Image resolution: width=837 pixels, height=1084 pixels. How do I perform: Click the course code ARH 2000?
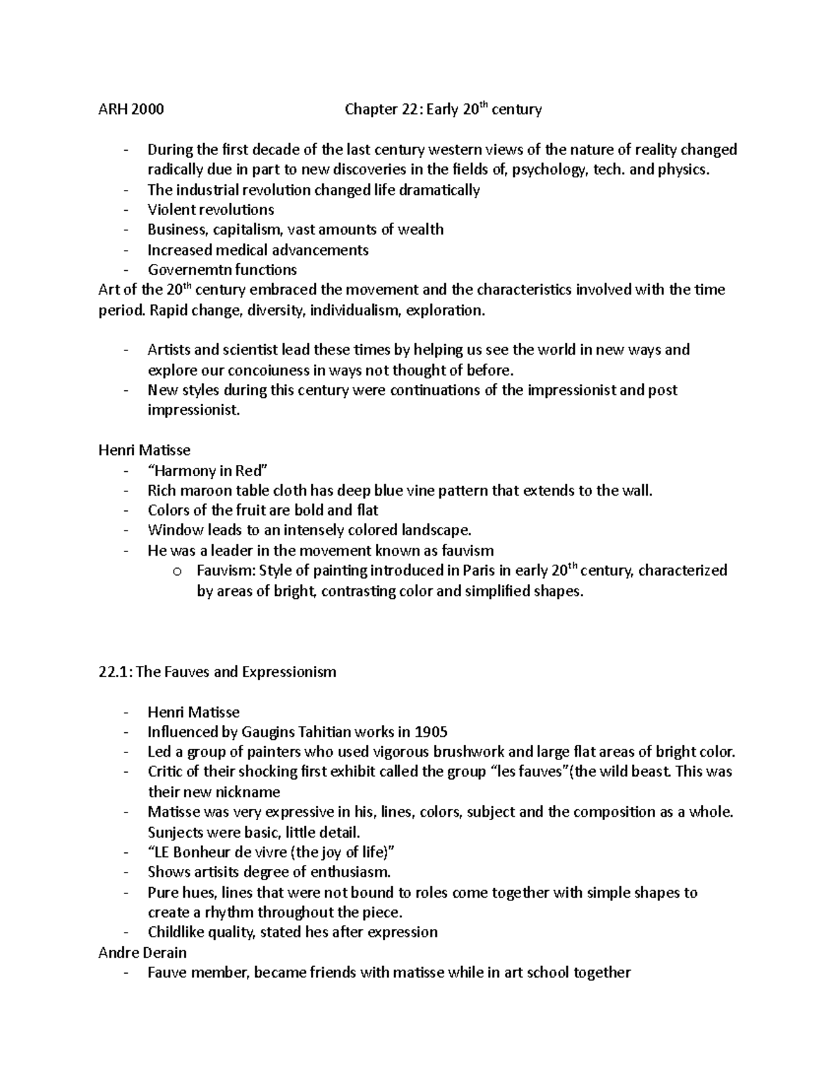(132, 110)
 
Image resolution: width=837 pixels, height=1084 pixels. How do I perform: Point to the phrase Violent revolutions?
(211, 209)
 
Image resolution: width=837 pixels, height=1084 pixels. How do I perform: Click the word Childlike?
(175, 933)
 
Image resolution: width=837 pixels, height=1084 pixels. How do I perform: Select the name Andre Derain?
(143, 952)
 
